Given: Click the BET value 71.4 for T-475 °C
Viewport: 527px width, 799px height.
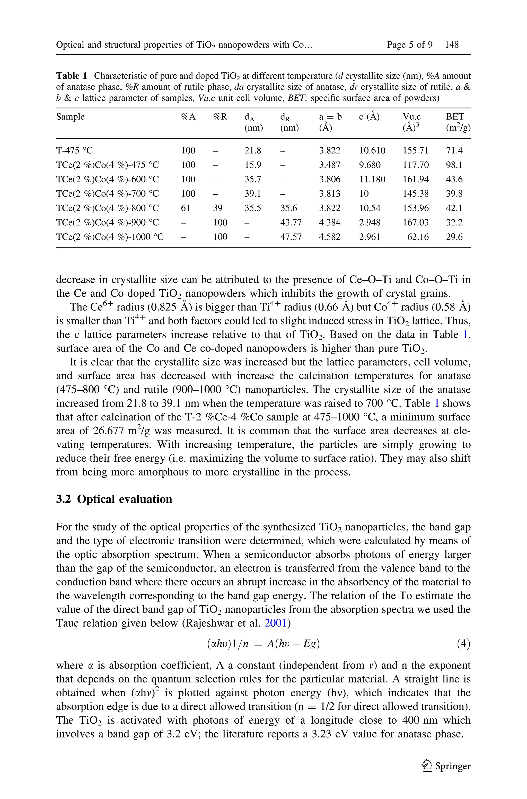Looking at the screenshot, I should [x=454, y=151].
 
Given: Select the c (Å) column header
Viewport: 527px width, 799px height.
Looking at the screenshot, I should [x=369, y=117].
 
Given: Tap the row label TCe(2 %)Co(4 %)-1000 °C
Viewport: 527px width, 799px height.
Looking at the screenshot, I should [x=110, y=237].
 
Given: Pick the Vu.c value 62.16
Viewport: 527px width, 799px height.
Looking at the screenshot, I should [x=418, y=237].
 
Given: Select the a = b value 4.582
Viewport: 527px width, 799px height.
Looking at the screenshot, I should [x=329, y=237].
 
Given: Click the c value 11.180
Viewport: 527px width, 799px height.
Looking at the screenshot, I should [x=372, y=179].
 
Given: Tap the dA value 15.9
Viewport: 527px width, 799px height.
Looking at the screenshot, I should [x=253, y=165].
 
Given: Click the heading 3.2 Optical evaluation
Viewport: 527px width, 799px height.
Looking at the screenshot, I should [x=114, y=499].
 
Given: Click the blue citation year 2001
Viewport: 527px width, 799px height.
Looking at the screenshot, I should [x=275, y=623].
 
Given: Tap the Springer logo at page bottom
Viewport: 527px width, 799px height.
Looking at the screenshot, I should [x=447, y=766].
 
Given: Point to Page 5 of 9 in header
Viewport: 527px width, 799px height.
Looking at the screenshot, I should [x=409, y=45].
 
